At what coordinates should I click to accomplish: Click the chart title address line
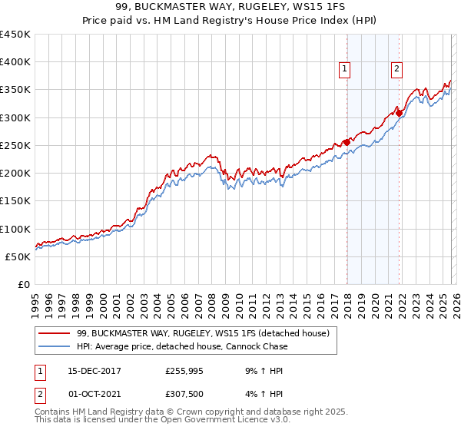230,7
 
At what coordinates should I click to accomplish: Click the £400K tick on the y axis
15,62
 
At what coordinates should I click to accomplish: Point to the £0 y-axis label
23,285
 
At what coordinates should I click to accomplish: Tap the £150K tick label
15,201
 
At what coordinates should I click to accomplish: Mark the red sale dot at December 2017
347,141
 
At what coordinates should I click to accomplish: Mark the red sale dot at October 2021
399,113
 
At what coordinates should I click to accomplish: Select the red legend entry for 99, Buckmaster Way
203,333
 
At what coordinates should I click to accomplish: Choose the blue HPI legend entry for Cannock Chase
183,346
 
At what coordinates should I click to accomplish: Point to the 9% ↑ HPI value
262,370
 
